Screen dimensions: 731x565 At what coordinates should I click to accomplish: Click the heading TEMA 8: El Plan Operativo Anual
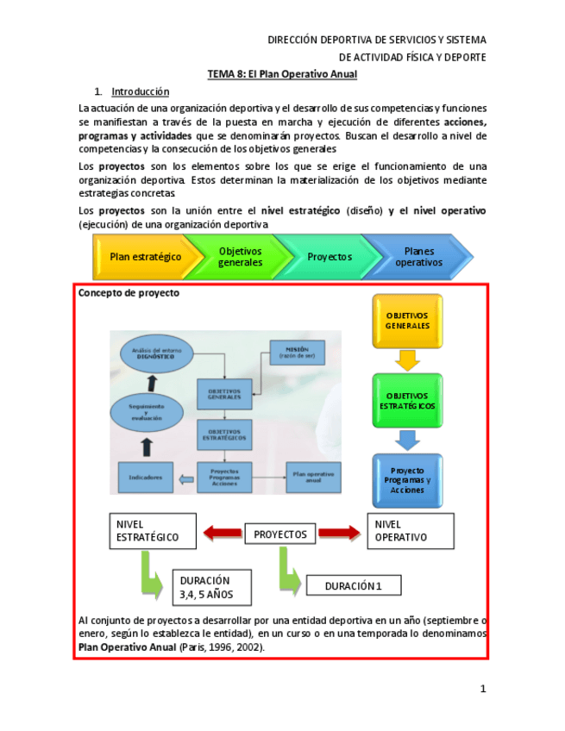pyautogui.click(x=282, y=74)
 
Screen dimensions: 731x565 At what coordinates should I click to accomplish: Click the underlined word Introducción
pyautogui.click(x=140, y=91)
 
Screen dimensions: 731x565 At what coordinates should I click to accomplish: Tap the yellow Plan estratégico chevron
pyautogui.click(x=142, y=257)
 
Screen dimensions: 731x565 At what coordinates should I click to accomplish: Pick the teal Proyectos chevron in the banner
pyautogui.click(x=328, y=257)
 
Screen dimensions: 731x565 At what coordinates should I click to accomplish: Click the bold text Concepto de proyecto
pyautogui.click(x=129, y=293)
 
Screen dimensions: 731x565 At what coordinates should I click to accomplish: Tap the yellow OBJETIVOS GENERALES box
pyautogui.click(x=407, y=321)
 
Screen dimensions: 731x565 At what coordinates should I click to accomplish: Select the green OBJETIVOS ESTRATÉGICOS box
pyautogui.click(x=407, y=401)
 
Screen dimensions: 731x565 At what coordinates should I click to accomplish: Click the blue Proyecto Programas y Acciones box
pyautogui.click(x=407, y=480)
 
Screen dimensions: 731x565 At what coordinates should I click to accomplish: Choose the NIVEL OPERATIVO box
pyautogui.click(x=410, y=530)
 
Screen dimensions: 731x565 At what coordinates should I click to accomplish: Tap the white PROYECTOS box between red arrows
pyautogui.click(x=280, y=534)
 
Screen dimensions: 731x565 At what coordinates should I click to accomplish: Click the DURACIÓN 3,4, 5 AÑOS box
pyautogui.click(x=212, y=587)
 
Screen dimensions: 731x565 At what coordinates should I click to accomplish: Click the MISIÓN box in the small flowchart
pyautogui.click(x=297, y=352)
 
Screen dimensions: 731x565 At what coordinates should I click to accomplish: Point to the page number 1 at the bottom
pyautogui.click(x=483, y=688)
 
